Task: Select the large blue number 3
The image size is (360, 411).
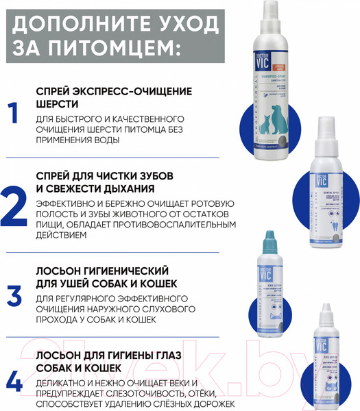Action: [x=15, y=295]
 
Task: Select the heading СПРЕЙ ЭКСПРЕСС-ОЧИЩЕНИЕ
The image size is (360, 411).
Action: [x=113, y=90]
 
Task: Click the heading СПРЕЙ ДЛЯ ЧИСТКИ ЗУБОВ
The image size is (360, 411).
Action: [x=109, y=175]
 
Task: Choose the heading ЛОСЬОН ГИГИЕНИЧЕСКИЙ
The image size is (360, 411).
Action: [x=102, y=271]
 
